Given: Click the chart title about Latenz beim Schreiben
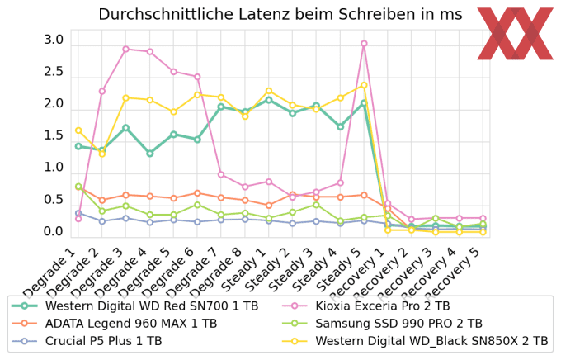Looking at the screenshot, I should click(x=280, y=14).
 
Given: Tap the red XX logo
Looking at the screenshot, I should click(x=515, y=34).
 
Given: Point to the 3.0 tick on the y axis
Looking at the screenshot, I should click(x=54, y=40).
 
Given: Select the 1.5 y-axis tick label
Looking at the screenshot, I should click(x=54, y=136).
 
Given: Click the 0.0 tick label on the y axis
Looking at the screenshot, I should click(x=54, y=232).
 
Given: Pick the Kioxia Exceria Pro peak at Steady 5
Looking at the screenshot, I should click(x=364, y=44).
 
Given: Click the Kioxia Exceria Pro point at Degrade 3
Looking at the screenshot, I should click(x=125, y=49).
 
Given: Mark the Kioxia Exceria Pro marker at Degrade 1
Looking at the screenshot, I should click(x=78, y=219).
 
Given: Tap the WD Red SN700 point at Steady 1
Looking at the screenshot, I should click(x=268, y=100).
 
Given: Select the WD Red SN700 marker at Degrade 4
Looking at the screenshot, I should click(x=149, y=154).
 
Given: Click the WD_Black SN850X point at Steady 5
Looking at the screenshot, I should click(x=364, y=85).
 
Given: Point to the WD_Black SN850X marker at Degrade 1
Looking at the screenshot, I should click(x=78, y=130).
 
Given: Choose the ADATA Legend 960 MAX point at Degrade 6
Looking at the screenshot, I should click(x=197, y=193).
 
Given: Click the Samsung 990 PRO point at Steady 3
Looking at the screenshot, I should click(x=316, y=205).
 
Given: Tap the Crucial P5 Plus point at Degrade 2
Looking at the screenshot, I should click(x=101, y=221).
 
